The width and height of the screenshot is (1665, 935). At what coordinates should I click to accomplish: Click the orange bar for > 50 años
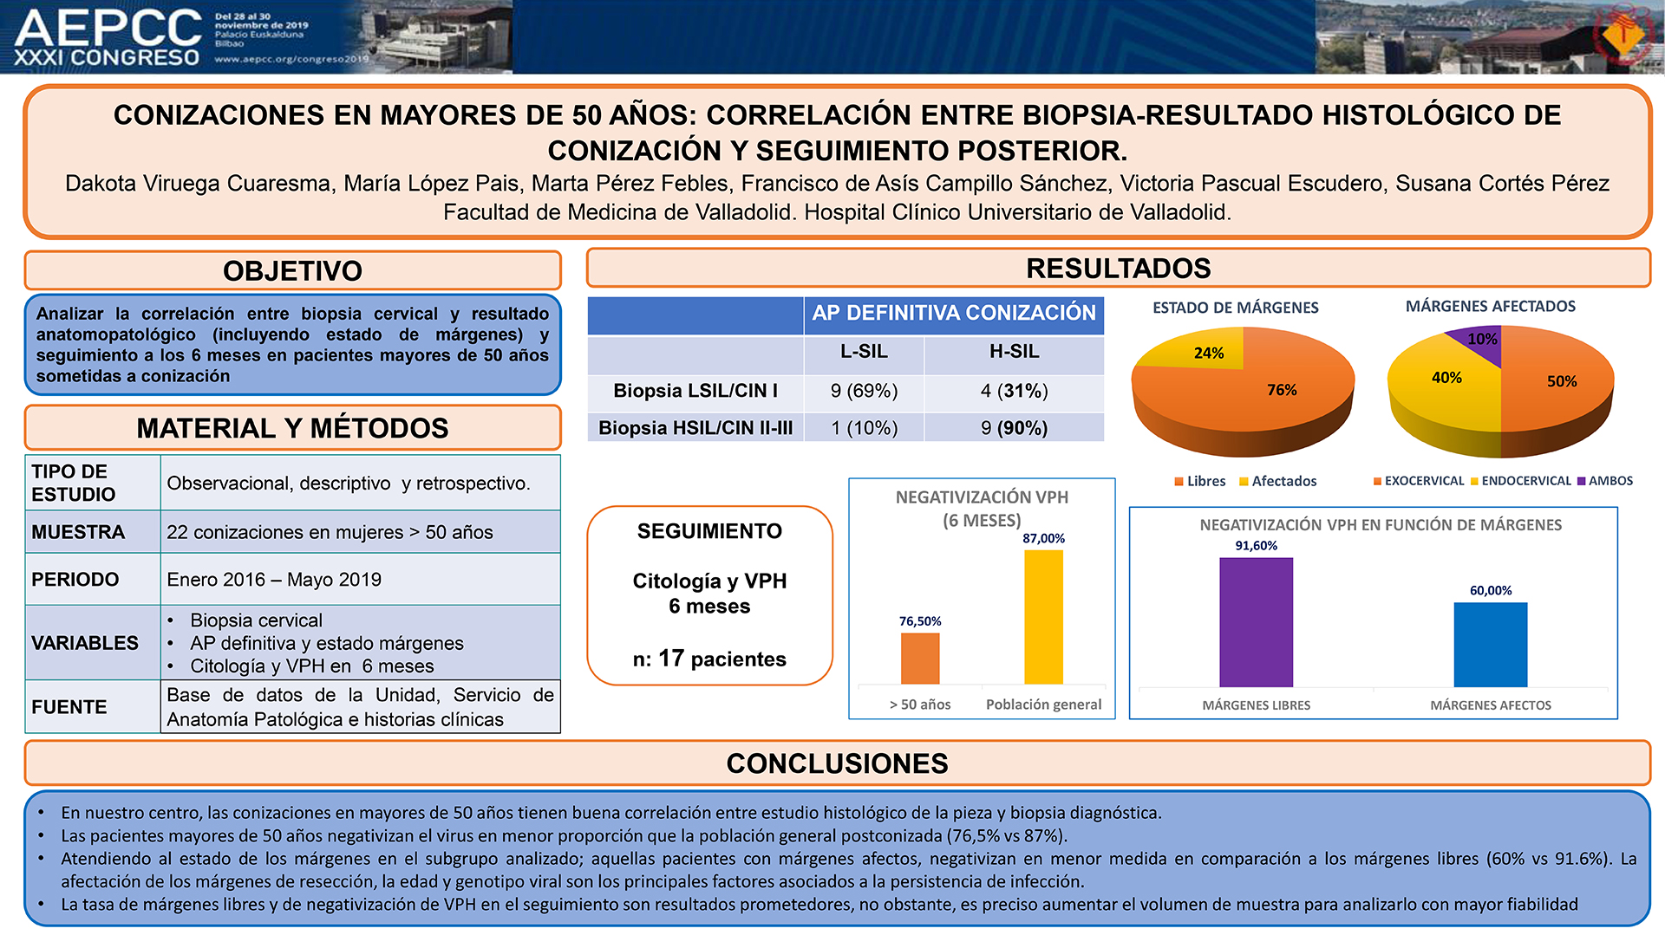click(x=920, y=659)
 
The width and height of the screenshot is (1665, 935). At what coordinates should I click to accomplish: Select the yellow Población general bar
click(x=1043, y=617)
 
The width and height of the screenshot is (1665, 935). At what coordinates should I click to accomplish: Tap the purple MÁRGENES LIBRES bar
click(x=1256, y=622)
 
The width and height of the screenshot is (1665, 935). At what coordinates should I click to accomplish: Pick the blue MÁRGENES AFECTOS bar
click(x=1490, y=645)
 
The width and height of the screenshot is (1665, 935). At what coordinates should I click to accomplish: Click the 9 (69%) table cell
click(x=864, y=391)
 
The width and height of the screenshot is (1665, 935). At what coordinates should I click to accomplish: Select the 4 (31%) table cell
click(x=1014, y=391)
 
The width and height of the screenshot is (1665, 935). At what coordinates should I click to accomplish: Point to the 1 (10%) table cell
click(x=864, y=428)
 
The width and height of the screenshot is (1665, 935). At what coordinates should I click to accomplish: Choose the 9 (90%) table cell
click(x=1014, y=428)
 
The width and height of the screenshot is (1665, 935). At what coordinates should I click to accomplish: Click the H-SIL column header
click(x=1014, y=352)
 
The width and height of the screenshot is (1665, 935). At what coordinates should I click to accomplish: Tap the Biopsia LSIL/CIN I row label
click(x=695, y=391)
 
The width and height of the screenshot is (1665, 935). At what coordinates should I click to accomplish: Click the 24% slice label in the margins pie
click(x=1209, y=353)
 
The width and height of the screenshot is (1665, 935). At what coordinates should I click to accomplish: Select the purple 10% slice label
click(x=1482, y=339)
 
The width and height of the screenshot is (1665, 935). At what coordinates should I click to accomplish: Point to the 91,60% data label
click(x=1256, y=546)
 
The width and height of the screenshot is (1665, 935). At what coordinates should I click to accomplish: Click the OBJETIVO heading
click(x=292, y=271)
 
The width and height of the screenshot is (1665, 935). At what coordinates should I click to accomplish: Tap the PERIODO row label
click(x=75, y=580)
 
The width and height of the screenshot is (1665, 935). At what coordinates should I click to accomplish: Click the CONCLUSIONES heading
click(x=837, y=763)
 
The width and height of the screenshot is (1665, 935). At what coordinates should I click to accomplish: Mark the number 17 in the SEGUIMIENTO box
click(x=671, y=659)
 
